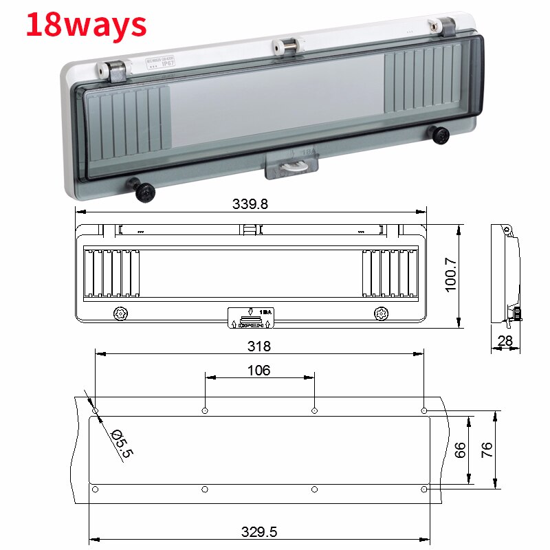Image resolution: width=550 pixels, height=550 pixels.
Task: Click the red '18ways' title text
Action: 86,24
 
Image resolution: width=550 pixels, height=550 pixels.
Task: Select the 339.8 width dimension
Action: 250,204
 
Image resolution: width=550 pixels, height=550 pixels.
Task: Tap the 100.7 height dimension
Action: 451,275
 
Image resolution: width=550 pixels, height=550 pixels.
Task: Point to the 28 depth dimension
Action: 505,341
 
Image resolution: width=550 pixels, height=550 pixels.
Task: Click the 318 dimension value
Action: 258,346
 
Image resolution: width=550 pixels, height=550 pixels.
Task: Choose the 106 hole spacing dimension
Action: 258,371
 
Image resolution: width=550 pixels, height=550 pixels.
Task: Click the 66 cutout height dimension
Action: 461,450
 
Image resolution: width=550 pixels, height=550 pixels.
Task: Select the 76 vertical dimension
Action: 487,450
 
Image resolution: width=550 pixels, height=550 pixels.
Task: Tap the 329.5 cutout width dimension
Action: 258,531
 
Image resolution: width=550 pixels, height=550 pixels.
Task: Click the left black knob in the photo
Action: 144,191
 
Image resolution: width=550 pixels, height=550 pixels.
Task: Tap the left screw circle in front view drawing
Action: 121,313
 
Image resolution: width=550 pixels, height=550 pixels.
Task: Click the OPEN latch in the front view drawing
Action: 251,318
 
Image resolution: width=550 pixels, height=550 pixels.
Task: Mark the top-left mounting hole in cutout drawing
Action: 95,411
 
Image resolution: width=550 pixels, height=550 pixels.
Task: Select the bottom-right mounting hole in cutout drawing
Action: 424,489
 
